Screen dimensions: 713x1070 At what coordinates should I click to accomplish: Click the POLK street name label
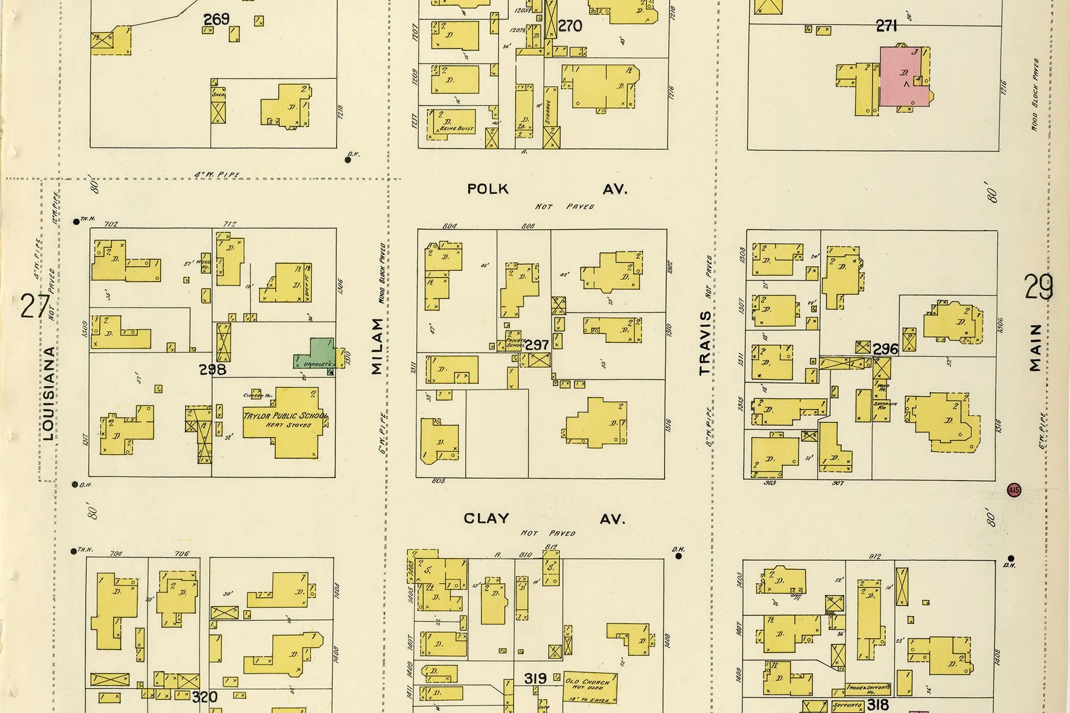[488, 189]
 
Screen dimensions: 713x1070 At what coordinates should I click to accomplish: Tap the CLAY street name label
[486, 519]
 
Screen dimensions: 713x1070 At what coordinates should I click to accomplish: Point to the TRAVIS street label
[705, 343]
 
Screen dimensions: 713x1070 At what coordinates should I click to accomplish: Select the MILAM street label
[377, 346]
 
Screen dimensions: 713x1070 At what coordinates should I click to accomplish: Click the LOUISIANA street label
[49, 393]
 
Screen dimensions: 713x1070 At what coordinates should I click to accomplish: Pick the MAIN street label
[1036, 348]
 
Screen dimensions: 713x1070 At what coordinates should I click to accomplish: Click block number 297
[537, 345]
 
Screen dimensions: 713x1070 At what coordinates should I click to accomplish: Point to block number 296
[885, 349]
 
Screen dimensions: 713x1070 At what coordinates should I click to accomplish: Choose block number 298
[212, 370]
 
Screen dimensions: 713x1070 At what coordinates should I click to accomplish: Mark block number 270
[570, 26]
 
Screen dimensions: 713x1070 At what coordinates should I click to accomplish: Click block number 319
[536, 677]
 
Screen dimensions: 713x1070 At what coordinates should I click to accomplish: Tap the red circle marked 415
[1014, 490]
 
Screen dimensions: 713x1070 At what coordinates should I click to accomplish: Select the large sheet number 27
[34, 306]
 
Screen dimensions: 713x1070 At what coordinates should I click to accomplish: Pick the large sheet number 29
[1038, 287]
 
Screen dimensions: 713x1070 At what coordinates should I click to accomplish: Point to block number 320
[204, 697]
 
